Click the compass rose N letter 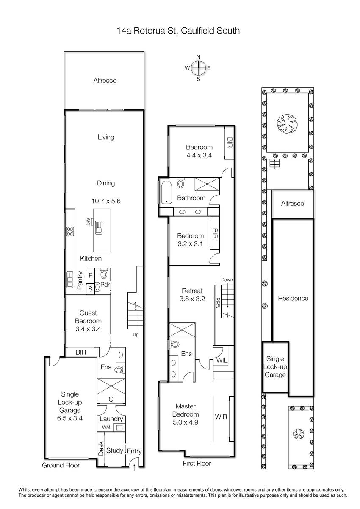tap(198, 57)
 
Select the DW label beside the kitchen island tap(89, 222)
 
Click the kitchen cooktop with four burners tap(70, 231)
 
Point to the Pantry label tap(80, 280)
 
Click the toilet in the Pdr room tap(104, 274)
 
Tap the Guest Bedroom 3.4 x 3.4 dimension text tap(88, 329)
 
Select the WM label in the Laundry tap(106, 428)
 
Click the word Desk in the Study tap(101, 448)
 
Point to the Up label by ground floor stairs tap(136, 335)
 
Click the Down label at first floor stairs tap(227, 280)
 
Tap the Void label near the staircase tap(218, 303)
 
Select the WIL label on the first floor tap(222, 361)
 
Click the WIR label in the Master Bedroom tap(221, 417)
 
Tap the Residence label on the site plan tap(293, 298)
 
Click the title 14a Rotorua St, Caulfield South tap(178, 31)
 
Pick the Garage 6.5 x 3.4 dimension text tap(69, 418)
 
